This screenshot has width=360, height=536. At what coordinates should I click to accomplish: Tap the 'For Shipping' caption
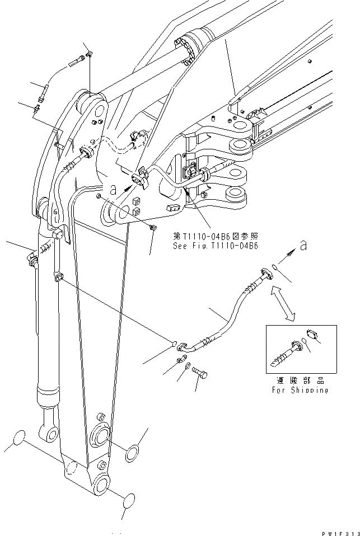click(300, 389)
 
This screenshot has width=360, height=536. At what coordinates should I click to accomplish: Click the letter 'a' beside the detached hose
click(303, 244)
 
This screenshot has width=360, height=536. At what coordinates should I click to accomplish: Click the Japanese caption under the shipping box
click(300, 379)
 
